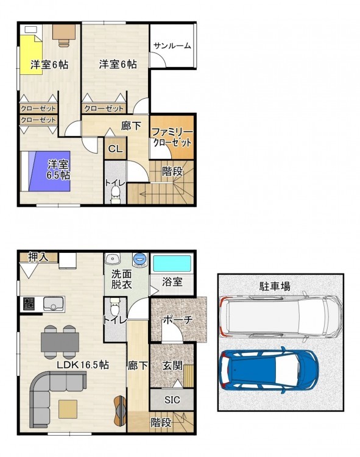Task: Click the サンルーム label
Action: point(172,46)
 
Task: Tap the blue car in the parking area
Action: point(269,370)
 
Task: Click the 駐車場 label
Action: point(275,286)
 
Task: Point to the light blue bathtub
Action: point(172,264)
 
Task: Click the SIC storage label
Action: point(172,400)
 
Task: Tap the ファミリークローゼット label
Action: point(172,138)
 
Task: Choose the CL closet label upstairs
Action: point(115,149)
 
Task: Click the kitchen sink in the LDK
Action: point(54,303)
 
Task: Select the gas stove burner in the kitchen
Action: point(29,303)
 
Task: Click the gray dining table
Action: point(60,342)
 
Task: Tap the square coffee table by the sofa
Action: point(68,409)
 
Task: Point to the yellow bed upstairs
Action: point(30,54)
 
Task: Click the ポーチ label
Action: point(178,320)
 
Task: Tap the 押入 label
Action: point(38,257)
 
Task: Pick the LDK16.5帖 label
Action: point(83,364)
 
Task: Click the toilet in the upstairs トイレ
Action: point(115,193)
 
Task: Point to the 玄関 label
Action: point(172,365)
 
